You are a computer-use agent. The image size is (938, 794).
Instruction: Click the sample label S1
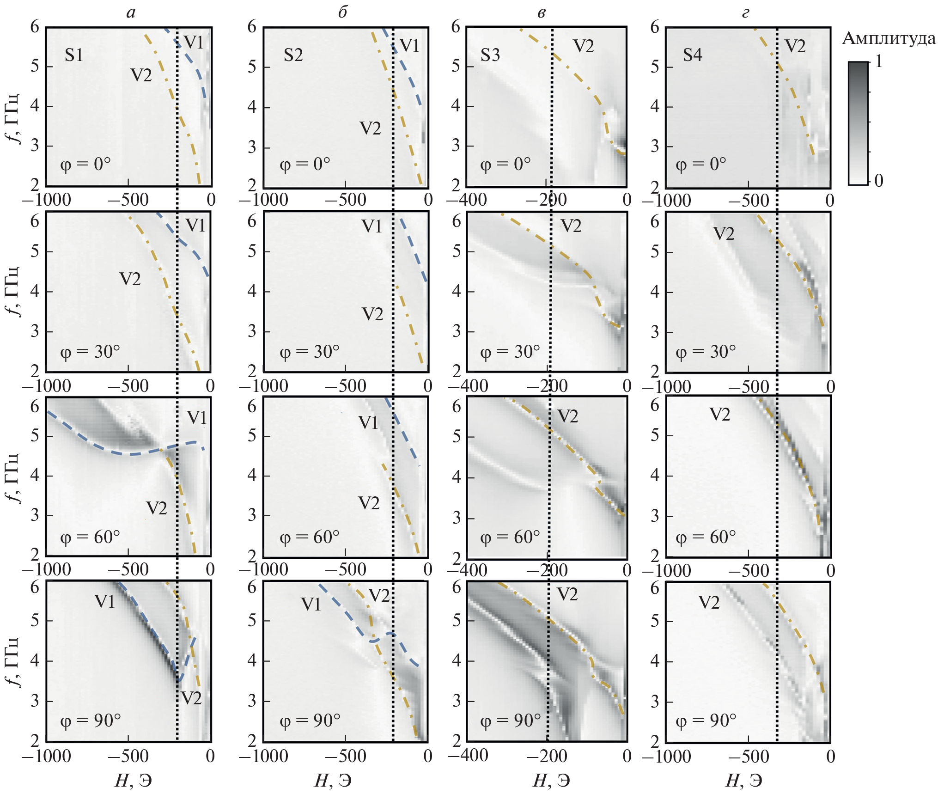[74, 55]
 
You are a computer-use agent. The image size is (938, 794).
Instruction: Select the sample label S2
[293, 55]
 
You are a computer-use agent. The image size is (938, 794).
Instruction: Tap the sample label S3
[490, 55]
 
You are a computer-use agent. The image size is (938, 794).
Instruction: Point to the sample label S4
[692, 55]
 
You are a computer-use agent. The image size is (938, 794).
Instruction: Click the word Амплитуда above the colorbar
[889, 38]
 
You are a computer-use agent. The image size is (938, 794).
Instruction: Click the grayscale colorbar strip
[858, 123]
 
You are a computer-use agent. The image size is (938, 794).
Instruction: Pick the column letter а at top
[131, 12]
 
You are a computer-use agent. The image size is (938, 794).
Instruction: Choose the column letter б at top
[342, 12]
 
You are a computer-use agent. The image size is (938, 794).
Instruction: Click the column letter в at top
[541, 12]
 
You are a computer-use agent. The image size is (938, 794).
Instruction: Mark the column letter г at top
[745, 12]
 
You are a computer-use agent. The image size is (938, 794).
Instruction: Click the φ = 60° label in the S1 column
[90, 537]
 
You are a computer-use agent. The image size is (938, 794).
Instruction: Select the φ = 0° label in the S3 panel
[506, 164]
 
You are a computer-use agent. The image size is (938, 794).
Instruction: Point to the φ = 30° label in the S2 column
[310, 352]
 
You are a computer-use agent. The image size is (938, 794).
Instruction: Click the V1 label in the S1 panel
[194, 43]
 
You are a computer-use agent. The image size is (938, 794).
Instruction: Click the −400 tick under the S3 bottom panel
[467, 756]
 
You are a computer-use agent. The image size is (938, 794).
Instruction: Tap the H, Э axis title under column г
[744, 781]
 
